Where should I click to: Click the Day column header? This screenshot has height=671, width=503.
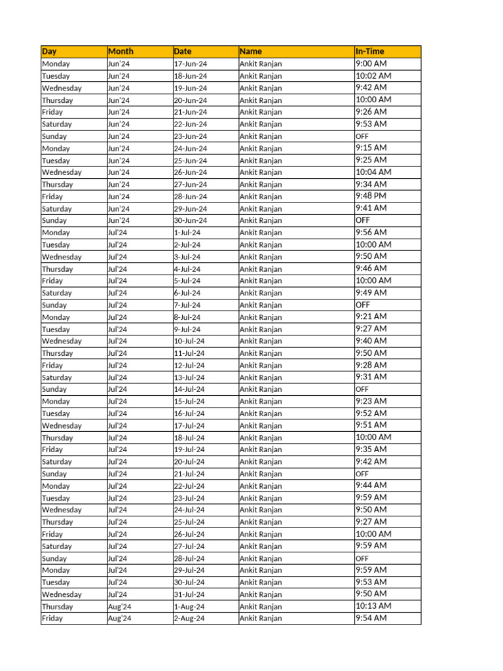pyautogui.click(x=49, y=51)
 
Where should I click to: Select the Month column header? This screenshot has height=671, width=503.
pyautogui.click(x=121, y=51)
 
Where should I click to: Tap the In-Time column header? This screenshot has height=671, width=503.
pyautogui.click(x=369, y=51)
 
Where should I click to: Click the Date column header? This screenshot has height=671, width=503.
pyautogui.click(x=183, y=51)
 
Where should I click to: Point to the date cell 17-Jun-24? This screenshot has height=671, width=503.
pyautogui.click(x=190, y=64)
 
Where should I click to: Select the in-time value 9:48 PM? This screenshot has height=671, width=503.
pyautogui.click(x=371, y=196)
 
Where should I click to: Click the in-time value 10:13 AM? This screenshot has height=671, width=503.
pyautogui.click(x=373, y=606)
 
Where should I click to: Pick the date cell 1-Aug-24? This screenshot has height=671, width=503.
pyautogui.click(x=189, y=607)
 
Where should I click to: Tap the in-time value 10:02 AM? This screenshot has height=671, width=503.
pyautogui.click(x=373, y=76)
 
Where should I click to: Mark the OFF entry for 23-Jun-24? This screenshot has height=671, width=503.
pyautogui.click(x=362, y=136)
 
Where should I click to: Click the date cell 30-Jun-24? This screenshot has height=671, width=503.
pyautogui.click(x=190, y=221)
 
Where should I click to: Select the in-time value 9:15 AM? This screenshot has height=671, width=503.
pyautogui.click(x=371, y=148)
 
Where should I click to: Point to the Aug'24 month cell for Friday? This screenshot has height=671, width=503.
pyautogui.click(x=119, y=619)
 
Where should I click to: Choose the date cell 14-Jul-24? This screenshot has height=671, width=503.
pyautogui.click(x=189, y=389)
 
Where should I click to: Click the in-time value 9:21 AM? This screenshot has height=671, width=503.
pyautogui.click(x=371, y=316)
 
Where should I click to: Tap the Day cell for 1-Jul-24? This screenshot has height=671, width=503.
pyautogui.click(x=56, y=233)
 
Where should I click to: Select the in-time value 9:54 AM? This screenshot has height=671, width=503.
pyautogui.click(x=371, y=618)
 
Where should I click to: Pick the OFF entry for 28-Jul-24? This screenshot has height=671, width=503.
pyautogui.click(x=362, y=558)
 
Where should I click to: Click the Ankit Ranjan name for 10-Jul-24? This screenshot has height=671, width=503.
pyautogui.click(x=261, y=341)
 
